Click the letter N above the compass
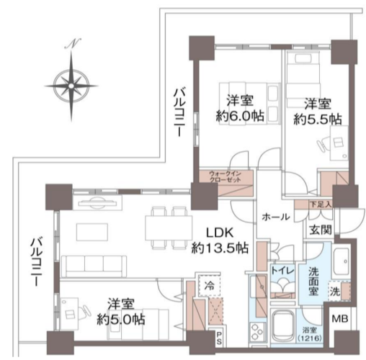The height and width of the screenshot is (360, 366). [x=73, y=43]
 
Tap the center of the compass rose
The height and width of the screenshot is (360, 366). [x=71, y=86]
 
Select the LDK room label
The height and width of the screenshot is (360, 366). [x=220, y=233]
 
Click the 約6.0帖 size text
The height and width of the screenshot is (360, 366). [x=240, y=116]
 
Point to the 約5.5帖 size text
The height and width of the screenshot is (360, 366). [x=318, y=119]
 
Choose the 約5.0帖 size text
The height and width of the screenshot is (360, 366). [x=121, y=320]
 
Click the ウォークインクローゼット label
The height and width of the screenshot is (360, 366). [x=226, y=176]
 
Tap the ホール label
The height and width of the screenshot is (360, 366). [x=276, y=217]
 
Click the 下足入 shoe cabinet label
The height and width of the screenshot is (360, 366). [x=321, y=204]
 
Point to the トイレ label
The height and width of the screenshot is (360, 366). [x=282, y=271]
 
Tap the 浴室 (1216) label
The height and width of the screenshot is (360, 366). [x=309, y=334]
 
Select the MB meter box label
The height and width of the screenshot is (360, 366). [x=340, y=320]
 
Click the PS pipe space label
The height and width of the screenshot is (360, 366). [x=219, y=338]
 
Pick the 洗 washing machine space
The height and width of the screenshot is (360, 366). [x=334, y=292]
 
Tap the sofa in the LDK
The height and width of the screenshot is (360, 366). [x=94, y=266]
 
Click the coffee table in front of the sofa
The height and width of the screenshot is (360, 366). [x=92, y=232]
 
